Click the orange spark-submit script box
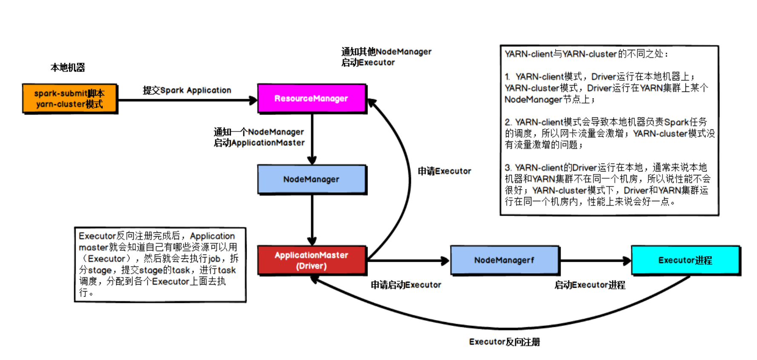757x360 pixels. [x=70, y=99]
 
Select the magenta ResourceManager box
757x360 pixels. [x=312, y=98]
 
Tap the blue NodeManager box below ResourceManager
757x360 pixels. [x=312, y=179]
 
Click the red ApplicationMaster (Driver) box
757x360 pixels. [x=312, y=260]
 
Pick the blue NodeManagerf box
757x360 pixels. [x=505, y=260]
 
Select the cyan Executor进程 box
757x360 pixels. [x=685, y=260]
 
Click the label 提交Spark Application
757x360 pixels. [x=187, y=90]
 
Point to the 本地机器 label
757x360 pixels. [x=68, y=67]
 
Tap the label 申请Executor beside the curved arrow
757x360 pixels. [x=444, y=171]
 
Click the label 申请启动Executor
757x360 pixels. [x=406, y=285]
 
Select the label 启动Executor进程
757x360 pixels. [x=590, y=285]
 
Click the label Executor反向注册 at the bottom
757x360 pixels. [x=505, y=342]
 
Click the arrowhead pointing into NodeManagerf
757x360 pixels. [x=446, y=261]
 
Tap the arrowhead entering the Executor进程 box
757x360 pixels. [x=627, y=261]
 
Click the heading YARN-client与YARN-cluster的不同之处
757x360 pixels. [x=586, y=54]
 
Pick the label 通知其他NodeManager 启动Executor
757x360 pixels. [x=386, y=57]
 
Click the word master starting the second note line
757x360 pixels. [x=93, y=247]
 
